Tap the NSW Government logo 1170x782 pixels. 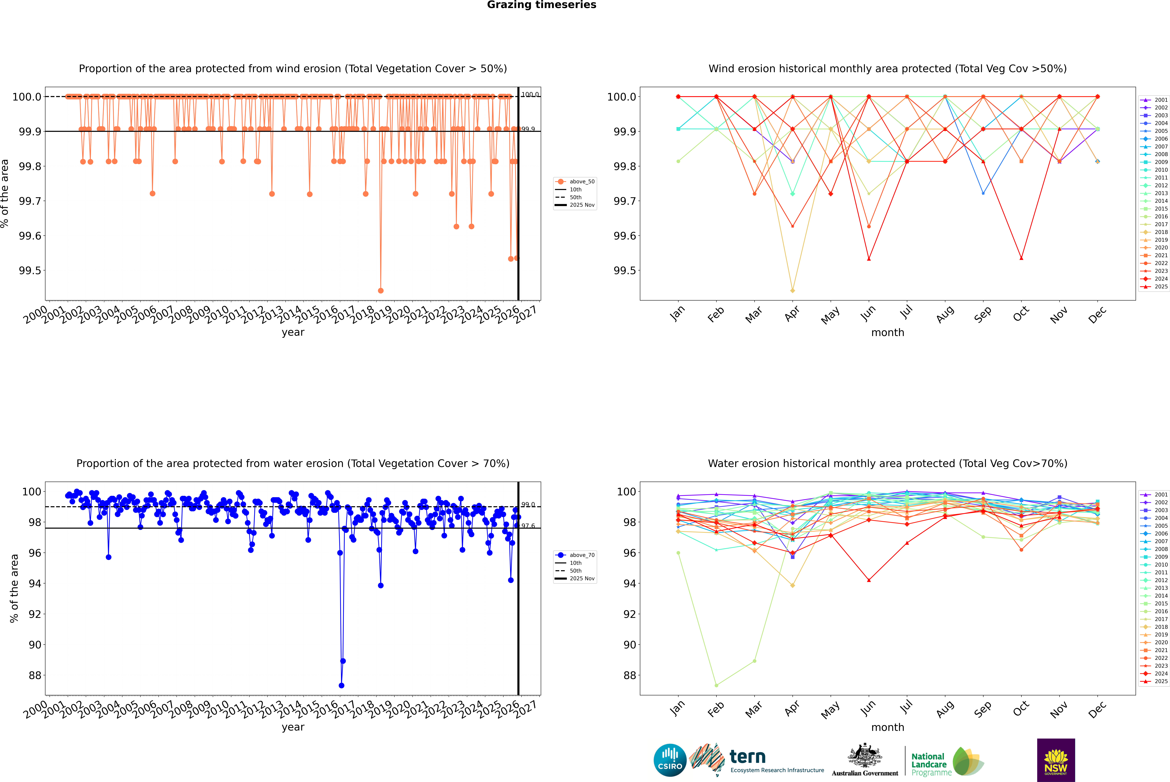(1056, 760)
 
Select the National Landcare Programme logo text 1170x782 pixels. (929, 764)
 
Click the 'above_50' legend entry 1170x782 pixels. (581, 182)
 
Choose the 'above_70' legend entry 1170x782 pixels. (581, 555)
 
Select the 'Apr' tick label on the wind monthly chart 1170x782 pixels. (792, 314)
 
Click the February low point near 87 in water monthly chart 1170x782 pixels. (716, 685)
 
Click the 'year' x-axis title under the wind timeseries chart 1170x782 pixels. (293, 332)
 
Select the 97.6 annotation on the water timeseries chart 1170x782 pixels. (528, 526)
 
